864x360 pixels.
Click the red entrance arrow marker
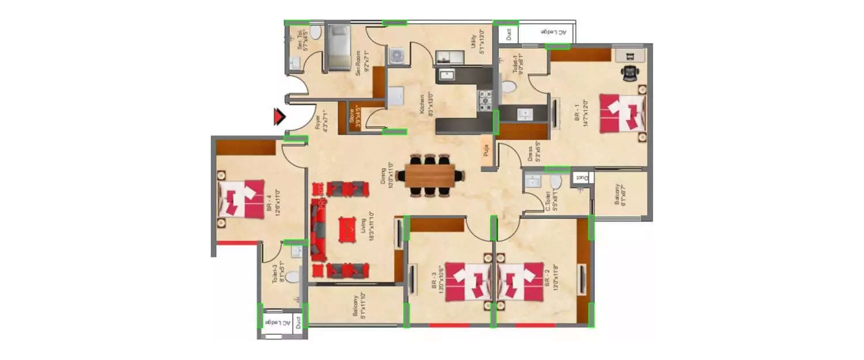279,117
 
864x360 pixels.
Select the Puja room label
487,151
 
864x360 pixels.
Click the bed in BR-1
623,113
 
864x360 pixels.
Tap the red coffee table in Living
347,229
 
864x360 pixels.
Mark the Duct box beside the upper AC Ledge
509,35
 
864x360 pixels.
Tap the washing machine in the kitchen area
396,56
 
